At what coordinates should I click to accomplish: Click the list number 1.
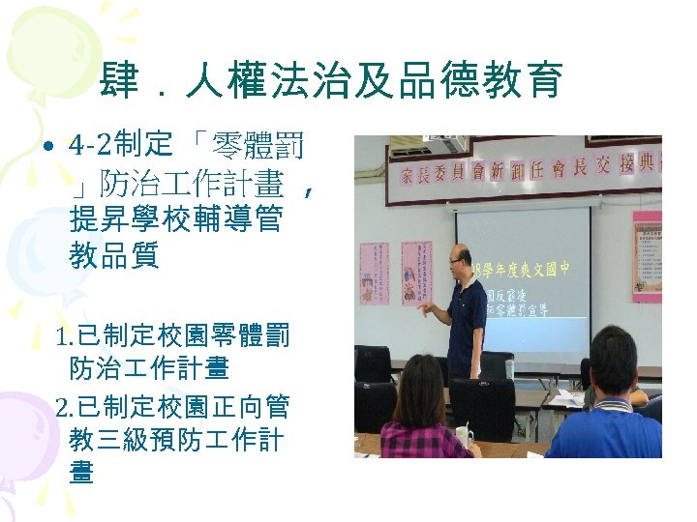point(65,337)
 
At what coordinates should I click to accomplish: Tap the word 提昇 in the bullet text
point(91,220)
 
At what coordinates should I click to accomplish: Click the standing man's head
point(461,260)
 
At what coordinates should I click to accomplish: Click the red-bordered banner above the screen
point(523,170)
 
